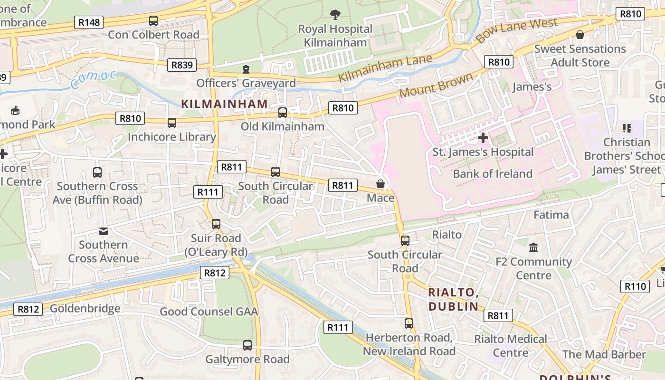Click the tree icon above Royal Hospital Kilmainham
click(335, 15)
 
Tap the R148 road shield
click(89, 22)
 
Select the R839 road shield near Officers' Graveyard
click(181, 65)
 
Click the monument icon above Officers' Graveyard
click(246, 70)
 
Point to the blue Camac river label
click(93, 80)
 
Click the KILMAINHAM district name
click(225, 104)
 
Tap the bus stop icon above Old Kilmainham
click(283, 113)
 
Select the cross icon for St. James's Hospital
click(483, 138)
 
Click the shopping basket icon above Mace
click(380, 184)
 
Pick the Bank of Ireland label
click(493, 174)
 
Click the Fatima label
click(551, 215)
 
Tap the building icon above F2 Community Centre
click(533, 248)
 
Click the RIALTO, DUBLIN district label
click(453, 299)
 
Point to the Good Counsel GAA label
click(209, 312)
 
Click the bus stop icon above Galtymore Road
click(247, 345)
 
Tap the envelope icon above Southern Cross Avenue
click(103, 231)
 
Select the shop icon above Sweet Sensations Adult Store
click(579, 35)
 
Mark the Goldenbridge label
click(85, 309)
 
